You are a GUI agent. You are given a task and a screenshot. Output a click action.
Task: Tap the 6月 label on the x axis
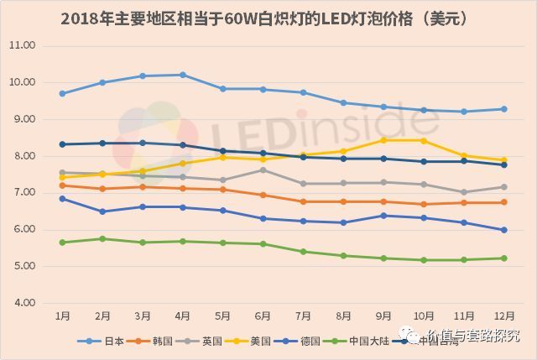[x=263, y=316]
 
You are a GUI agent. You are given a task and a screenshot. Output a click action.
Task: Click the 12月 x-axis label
[x=503, y=316]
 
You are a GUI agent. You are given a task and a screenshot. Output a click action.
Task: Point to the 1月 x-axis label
[x=62, y=316]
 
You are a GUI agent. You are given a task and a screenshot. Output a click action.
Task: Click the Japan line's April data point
[x=183, y=75]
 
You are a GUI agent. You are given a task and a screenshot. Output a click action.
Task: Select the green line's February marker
[x=102, y=238]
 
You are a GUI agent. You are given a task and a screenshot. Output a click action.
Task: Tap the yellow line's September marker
[x=383, y=140]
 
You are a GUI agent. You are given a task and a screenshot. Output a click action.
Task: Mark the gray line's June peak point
[x=263, y=170]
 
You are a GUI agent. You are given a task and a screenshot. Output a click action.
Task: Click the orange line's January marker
[x=62, y=185]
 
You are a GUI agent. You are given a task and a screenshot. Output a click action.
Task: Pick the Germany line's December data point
[x=503, y=230]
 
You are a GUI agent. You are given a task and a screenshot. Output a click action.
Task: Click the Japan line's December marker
[x=503, y=108]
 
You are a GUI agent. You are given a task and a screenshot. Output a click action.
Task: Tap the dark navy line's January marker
[x=62, y=144]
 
